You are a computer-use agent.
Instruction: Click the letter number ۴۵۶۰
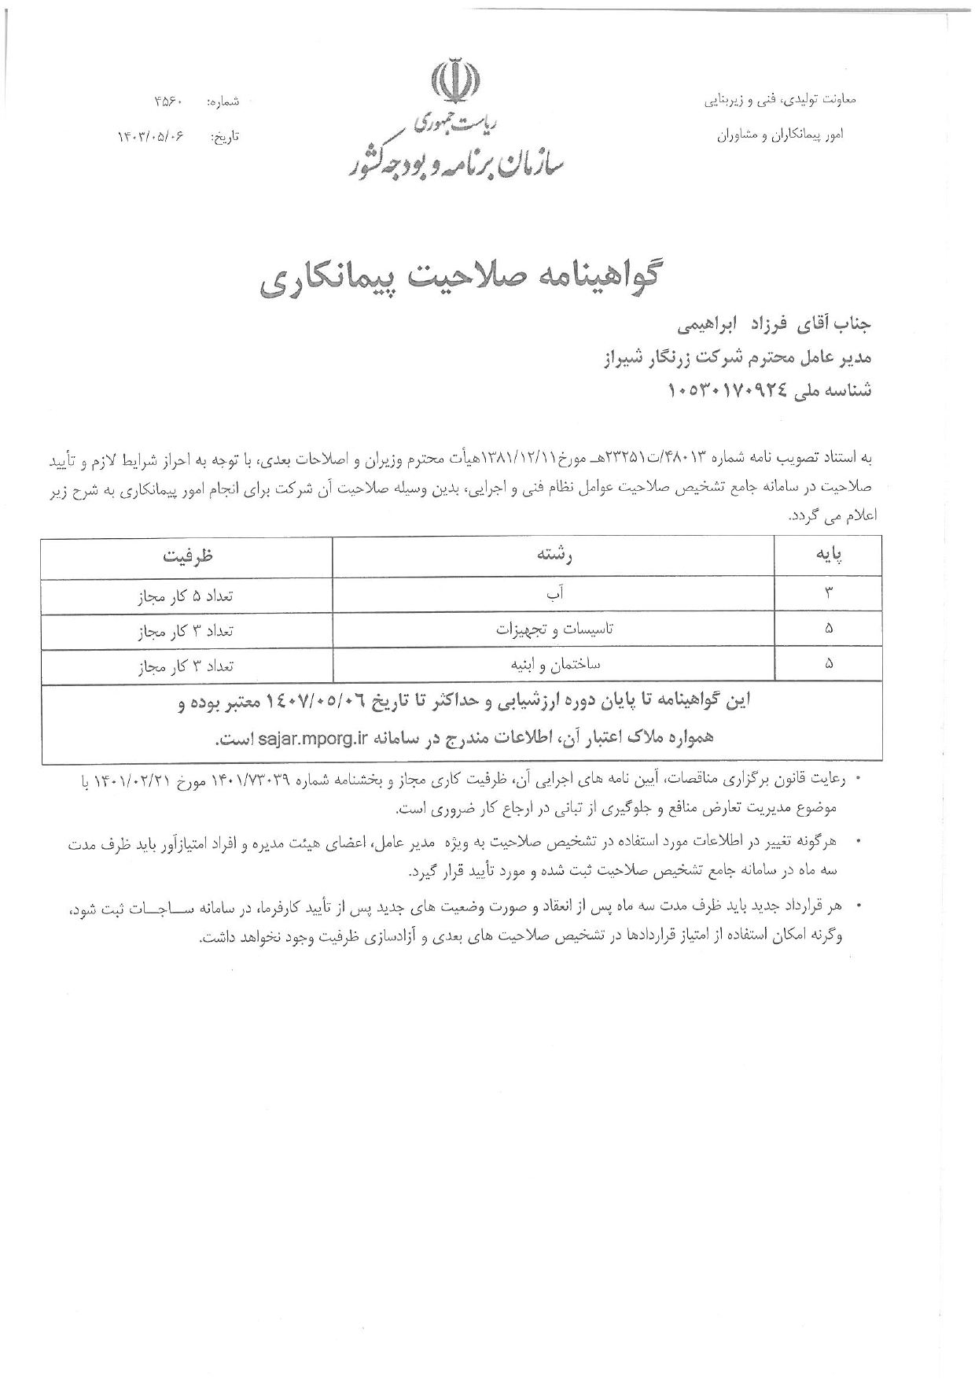coord(169,102)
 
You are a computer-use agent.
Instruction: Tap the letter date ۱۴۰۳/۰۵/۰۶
coord(151,136)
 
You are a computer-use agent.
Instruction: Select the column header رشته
coord(555,555)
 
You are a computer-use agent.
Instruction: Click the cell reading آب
coord(555,596)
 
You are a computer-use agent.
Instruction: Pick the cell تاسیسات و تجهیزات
coord(555,629)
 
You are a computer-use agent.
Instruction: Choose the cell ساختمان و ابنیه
coord(555,665)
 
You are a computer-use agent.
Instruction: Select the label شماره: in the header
coord(223,102)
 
